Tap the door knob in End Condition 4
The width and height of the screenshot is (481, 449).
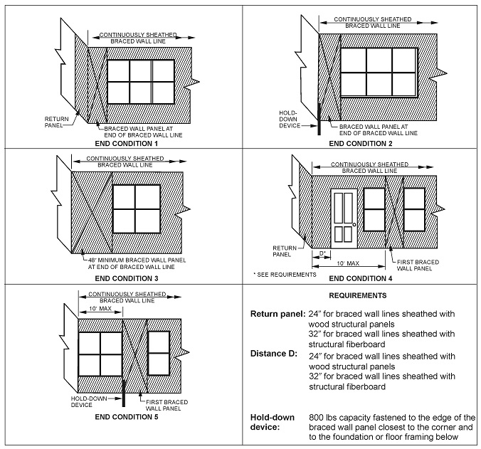pyautogui.click(x=354, y=225)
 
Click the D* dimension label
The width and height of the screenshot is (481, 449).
pyautogui.click(x=322, y=253)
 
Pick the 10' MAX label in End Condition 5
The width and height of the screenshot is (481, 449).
pyautogui.click(x=100, y=308)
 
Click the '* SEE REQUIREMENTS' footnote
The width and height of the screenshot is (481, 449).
pyautogui.click(x=284, y=274)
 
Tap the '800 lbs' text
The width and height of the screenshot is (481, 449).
pyautogui.click(x=325, y=416)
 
